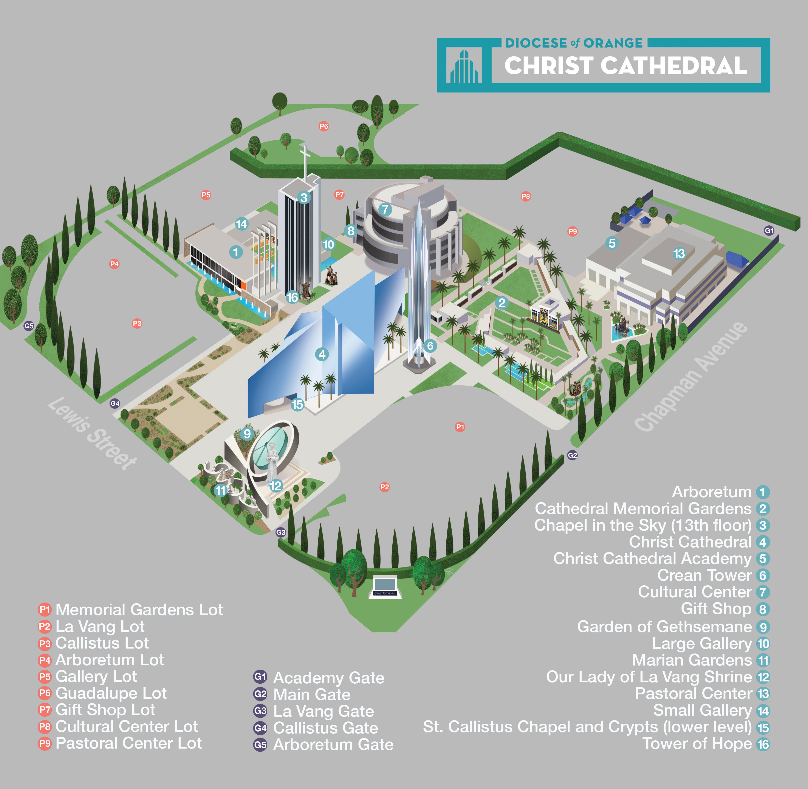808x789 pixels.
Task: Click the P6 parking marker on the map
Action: pos(324,126)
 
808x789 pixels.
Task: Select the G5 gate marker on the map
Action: pos(29,326)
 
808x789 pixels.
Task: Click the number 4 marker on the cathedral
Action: pos(322,354)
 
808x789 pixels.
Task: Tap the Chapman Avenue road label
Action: pos(691,376)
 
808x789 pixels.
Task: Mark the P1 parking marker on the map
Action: pos(460,427)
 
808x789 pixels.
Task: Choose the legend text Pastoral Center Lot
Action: pos(128,743)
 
